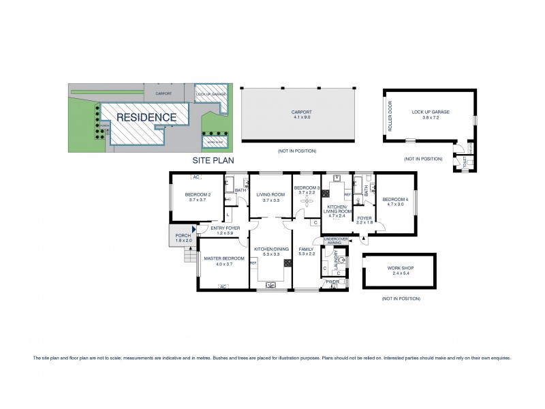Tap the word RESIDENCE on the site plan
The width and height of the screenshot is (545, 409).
(x=146, y=117)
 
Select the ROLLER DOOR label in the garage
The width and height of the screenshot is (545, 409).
(x=391, y=115)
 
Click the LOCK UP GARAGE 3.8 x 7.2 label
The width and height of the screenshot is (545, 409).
(x=430, y=114)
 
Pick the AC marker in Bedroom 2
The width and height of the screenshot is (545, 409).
(x=196, y=177)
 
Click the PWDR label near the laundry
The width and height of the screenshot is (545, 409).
(x=333, y=282)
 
